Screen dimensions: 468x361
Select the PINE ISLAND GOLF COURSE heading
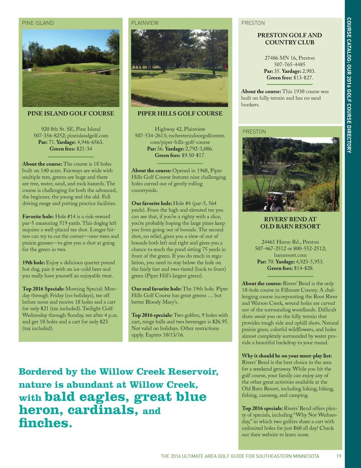pyautogui.click(x=71, y=113)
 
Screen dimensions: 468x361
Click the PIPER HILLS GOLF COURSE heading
pyautogui.click(x=180, y=113)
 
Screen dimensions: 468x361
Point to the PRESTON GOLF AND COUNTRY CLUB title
pyautogui.click(x=289, y=39)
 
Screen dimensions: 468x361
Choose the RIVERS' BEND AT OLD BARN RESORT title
pyautogui.click(x=290, y=223)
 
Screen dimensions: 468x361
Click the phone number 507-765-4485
pyautogui.click(x=289, y=64)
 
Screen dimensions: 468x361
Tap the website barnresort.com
pyautogui.click(x=290, y=255)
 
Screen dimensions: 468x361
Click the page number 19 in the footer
pyautogui.click(x=339, y=456)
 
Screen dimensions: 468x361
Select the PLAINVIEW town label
pyautogui.click(x=145, y=23)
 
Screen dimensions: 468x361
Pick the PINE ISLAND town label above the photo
pyautogui.click(x=38, y=23)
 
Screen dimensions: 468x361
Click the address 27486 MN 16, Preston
pyautogui.click(x=289, y=58)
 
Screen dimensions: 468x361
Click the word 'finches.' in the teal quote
pyautogui.click(x=45, y=423)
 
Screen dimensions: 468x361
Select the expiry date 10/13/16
pyautogui.click(x=173, y=335)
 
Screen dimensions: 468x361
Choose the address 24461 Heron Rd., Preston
pyautogui.click(x=290, y=242)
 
